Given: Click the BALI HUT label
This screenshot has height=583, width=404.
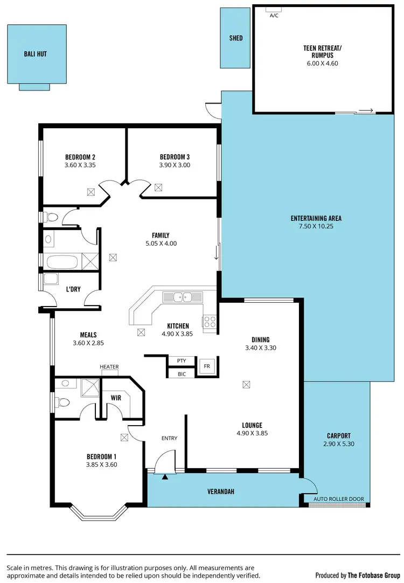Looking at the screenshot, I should [35, 54].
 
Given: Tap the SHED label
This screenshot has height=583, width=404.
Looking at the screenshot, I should [235, 38].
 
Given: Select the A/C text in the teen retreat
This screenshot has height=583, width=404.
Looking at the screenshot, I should [274, 16].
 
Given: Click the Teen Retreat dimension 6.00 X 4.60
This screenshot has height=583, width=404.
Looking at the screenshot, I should [323, 63].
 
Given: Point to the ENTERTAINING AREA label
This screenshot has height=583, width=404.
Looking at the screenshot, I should [316, 218].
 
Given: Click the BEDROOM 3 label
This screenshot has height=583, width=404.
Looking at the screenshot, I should [175, 157].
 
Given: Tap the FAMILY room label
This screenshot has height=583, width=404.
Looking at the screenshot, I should [161, 235].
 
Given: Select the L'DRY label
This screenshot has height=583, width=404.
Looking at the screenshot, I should [73, 289].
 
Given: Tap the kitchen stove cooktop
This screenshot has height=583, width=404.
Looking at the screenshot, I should [209, 322].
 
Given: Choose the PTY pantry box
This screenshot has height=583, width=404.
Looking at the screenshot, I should [181, 360].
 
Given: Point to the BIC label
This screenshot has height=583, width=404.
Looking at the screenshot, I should [182, 373].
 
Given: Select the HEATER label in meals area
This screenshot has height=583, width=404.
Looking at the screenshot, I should [109, 367].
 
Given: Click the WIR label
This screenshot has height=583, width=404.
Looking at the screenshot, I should [116, 398].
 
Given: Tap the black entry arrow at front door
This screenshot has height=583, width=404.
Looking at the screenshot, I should [165, 476].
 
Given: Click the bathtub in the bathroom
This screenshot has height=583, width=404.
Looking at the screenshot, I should [62, 262].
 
